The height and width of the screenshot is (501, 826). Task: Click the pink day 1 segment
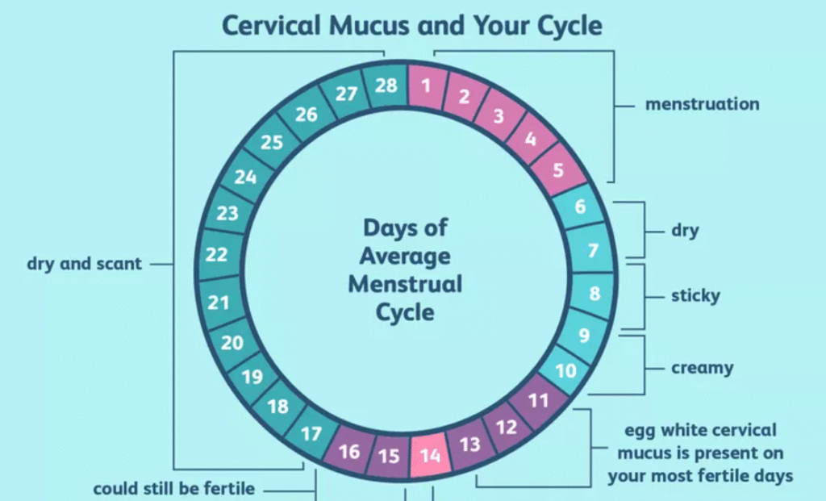pyautogui.click(x=426, y=85)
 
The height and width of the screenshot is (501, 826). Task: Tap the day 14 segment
pyautogui.click(x=430, y=455)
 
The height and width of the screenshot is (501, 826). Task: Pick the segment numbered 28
pyautogui.click(x=386, y=85)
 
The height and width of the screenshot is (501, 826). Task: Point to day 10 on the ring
pyautogui.click(x=566, y=370)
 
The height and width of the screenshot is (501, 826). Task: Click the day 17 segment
pyautogui.click(x=311, y=434)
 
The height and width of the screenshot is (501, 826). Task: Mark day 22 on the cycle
pyautogui.click(x=216, y=255)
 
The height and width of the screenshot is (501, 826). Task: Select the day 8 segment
pyautogui.click(x=595, y=293)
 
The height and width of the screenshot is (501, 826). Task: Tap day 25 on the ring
pyautogui.click(x=272, y=143)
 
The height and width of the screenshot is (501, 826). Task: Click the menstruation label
pyautogui.click(x=702, y=104)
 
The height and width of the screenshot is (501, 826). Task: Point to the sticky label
pyautogui.click(x=695, y=296)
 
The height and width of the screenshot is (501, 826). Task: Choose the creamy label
pyautogui.click(x=702, y=369)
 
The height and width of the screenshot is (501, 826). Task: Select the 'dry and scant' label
pyautogui.click(x=84, y=264)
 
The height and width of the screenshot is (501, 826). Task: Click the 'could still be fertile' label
pyautogui.click(x=174, y=489)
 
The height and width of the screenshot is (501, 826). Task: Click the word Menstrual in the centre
pyautogui.click(x=405, y=284)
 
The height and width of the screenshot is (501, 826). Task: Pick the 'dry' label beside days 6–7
pyautogui.click(x=685, y=231)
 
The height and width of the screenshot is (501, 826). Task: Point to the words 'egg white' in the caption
pyautogui.click(x=662, y=430)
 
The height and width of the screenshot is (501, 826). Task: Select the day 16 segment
pyautogui.click(x=349, y=452)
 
